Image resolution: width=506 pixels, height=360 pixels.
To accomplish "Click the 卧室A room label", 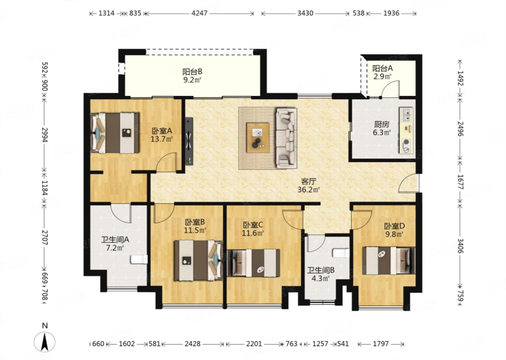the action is tap(162, 131).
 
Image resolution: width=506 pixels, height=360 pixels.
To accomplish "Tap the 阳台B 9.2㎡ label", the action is tap(192, 76).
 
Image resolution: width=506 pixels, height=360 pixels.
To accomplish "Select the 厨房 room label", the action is tap(382, 124).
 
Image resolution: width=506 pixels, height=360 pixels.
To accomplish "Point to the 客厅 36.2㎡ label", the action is tap(309, 185).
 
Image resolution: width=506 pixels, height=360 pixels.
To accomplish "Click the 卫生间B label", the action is tap(320, 270).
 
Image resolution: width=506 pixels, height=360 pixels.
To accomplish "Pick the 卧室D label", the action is tap(394, 226).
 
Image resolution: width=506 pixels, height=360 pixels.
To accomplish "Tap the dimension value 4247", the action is tap(199, 13).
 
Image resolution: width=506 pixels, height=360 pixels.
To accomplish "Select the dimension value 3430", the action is tap(305, 13).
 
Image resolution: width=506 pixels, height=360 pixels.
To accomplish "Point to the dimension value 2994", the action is tap(45, 135).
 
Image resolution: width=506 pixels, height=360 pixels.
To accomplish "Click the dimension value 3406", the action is tap(460, 245).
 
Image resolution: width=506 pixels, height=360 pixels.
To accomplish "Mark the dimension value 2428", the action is tap(193, 344).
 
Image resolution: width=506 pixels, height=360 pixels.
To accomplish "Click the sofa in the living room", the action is tap(286, 138).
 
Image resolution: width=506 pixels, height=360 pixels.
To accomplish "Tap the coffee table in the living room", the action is tap(258, 137).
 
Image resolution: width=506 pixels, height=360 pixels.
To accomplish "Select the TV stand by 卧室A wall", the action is tap(189, 141).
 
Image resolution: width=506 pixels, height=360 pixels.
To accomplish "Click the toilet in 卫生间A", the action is tap(139, 259).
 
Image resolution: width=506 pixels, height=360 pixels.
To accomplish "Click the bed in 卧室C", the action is tap(253, 263).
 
